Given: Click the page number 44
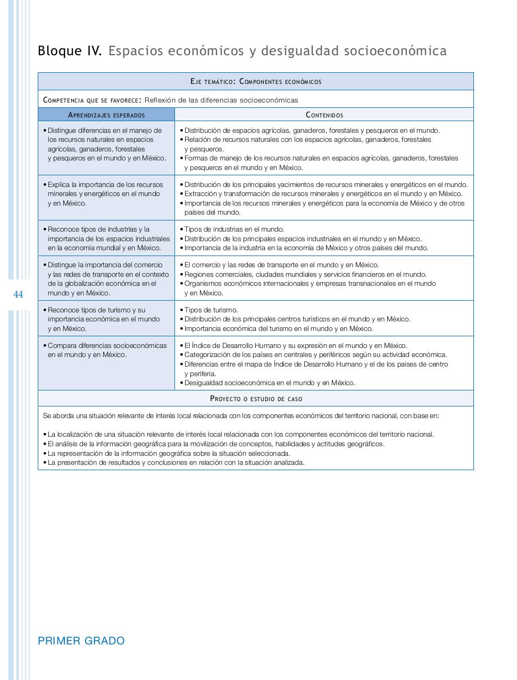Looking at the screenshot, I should tap(18, 294).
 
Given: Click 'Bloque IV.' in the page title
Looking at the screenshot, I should tap(69, 51).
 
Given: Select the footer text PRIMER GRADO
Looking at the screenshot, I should tap(81, 641).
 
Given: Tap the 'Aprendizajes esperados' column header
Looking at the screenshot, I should tap(106, 115).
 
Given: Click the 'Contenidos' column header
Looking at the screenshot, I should tap(324, 115).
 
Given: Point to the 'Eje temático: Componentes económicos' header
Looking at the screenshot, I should tap(255, 81).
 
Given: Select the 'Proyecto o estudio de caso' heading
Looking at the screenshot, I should tap(256, 398).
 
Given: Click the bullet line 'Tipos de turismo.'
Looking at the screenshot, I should tap(211, 310).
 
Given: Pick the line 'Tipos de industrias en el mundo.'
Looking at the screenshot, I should tap(234, 229).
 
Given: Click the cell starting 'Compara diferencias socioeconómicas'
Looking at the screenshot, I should tap(106, 350).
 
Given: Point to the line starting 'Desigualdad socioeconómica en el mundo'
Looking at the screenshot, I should tap(269, 382).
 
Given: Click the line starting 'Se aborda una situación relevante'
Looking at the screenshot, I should tap(240, 415).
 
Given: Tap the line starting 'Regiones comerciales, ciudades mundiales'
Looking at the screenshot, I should tap(305, 274).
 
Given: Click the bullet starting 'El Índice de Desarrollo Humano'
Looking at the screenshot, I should tap(295, 345).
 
